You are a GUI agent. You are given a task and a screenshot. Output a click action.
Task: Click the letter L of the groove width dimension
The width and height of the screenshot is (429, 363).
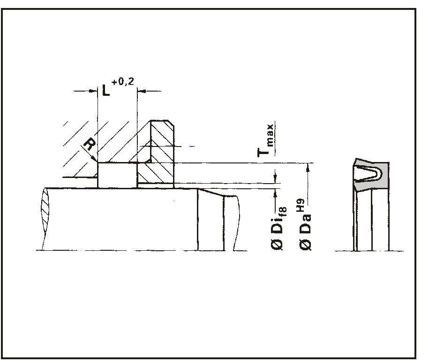pos(106,91)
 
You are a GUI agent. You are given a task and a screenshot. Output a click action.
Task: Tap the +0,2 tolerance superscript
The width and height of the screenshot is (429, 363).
pos(123,82)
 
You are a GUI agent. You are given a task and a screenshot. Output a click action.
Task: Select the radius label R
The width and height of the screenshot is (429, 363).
pos(90,144)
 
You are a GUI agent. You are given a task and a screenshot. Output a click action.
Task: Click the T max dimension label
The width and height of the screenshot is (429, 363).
pos(265,140)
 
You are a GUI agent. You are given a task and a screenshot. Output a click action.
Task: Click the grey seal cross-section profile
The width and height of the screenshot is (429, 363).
pos(371,175)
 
